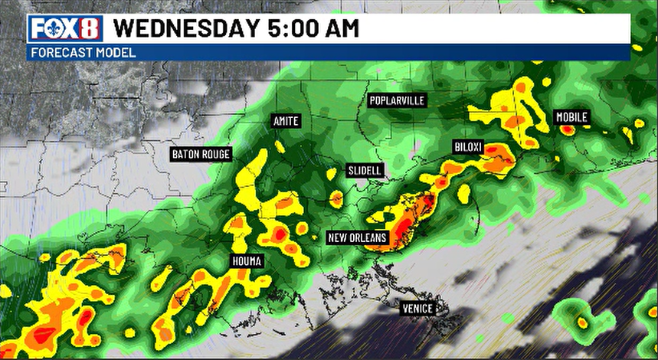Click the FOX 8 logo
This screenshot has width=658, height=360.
[65, 29]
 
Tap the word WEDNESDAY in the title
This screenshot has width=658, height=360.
[186, 29]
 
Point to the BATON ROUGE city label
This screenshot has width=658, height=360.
[201, 155]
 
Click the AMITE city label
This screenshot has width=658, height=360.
[286, 122]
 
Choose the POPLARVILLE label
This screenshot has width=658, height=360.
[397, 100]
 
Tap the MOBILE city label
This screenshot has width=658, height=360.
[571, 117]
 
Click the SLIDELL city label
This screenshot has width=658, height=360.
[365, 170]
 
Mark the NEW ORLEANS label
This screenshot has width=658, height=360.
[358, 237]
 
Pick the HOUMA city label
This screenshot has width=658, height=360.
[247, 262]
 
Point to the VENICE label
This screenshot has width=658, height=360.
[418, 309]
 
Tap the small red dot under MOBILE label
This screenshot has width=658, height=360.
[567, 130]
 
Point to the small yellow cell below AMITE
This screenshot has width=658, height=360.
[280, 146]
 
